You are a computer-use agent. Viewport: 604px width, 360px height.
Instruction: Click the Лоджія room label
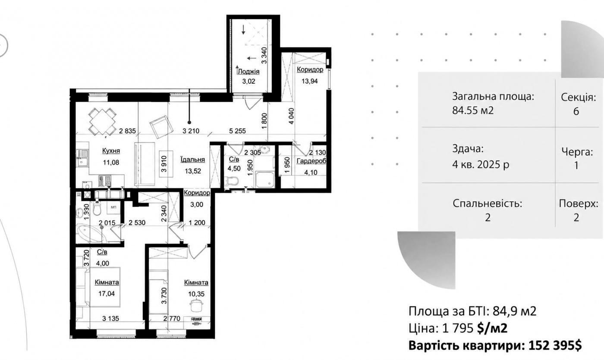[x=249, y=72]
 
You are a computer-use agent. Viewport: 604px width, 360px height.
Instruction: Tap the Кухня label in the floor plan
[x=111, y=150]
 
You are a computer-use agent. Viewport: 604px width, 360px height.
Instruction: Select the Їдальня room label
[x=192, y=160]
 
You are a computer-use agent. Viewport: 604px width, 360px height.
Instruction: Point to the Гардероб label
[x=311, y=161]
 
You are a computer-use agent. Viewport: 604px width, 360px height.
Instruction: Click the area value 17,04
[x=107, y=294]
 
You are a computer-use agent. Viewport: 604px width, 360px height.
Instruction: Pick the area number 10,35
[x=196, y=294]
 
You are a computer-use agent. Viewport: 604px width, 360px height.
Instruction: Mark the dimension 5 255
[x=237, y=131]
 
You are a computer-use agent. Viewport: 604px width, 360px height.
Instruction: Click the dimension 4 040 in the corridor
[x=291, y=116]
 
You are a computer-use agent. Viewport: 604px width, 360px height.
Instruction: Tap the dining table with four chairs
[x=103, y=121]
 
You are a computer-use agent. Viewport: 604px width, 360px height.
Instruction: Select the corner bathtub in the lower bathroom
[x=91, y=234]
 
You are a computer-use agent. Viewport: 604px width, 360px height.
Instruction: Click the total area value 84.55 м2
[x=473, y=110]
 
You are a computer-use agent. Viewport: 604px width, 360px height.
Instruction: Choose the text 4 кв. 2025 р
[x=481, y=164]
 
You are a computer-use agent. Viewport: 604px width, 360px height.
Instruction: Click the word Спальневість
[x=488, y=203]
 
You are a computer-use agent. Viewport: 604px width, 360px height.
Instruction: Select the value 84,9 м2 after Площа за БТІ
[x=514, y=311]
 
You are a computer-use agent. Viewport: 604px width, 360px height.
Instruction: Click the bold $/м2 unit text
[x=492, y=328]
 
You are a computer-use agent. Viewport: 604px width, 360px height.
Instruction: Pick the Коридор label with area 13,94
[x=310, y=69]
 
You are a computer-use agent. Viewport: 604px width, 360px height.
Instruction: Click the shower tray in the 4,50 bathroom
[x=265, y=179]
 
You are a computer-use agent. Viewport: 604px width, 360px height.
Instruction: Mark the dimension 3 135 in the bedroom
[x=110, y=319]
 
